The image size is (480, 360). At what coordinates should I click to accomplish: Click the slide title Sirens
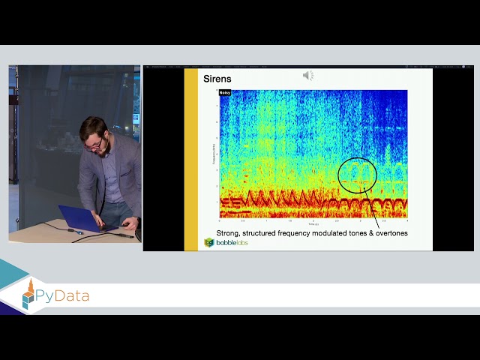(217, 78)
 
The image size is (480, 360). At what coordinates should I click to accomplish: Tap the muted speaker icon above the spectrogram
(307, 76)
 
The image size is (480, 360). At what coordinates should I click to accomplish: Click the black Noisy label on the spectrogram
(225, 93)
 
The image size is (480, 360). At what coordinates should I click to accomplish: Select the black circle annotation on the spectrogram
(357, 175)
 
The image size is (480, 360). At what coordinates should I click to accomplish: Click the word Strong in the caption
(229, 233)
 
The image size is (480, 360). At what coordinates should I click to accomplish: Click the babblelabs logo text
(232, 243)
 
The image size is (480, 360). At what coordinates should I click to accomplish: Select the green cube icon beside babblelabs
(209, 242)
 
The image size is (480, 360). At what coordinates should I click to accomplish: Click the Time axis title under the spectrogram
(313, 224)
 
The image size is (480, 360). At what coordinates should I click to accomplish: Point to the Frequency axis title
(214, 154)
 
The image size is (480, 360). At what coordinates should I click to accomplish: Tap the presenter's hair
(92, 126)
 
